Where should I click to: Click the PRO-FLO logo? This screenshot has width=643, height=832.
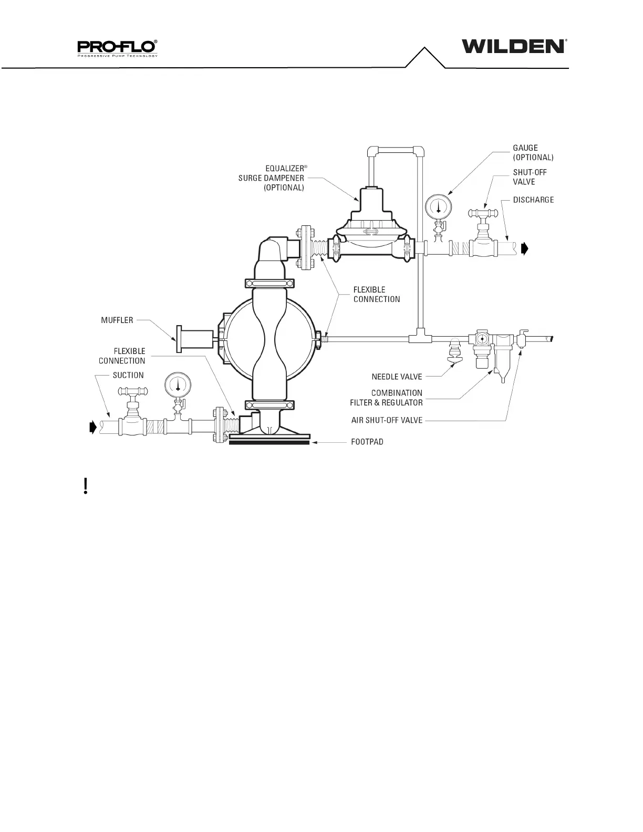[118, 48]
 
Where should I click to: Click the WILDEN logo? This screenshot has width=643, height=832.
[513, 46]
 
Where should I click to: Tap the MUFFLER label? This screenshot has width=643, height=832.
[117, 320]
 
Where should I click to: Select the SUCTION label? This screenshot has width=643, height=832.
[128, 375]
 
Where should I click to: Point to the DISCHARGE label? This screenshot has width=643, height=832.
[533, 200]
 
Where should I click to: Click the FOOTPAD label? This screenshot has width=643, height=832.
[367, 442]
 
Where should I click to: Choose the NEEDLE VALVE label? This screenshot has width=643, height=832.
[397, 377]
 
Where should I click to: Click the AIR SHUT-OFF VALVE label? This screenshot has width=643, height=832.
[387, 420]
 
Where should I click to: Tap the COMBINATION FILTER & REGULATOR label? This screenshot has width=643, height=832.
[387, 398]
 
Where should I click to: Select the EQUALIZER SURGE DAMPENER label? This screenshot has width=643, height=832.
[272, 178]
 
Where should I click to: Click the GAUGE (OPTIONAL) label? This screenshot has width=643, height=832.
[533, 152]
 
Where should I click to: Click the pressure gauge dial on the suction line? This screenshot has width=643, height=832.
[178, 385]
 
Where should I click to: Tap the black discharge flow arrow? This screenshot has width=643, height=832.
[525, 248]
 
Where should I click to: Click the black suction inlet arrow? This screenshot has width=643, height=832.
[94, 427]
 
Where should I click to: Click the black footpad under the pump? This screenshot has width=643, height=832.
[269, 443]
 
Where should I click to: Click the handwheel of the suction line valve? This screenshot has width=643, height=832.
[133, 391]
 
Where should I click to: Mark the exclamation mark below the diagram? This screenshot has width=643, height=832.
[86, 486]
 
